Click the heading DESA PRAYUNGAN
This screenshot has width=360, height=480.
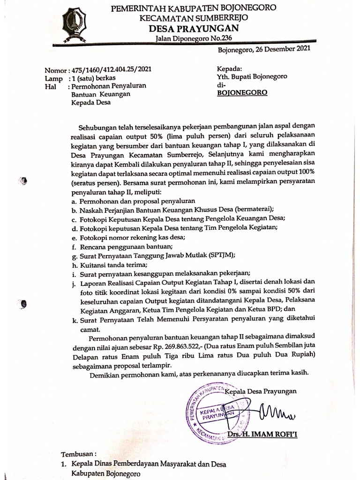tap(194, 29)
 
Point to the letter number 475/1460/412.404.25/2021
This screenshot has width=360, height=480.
tap(110, 69)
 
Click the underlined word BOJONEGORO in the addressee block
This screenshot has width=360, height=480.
tap(242, 93)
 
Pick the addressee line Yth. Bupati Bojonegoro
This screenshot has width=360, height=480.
tap(252, 76)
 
